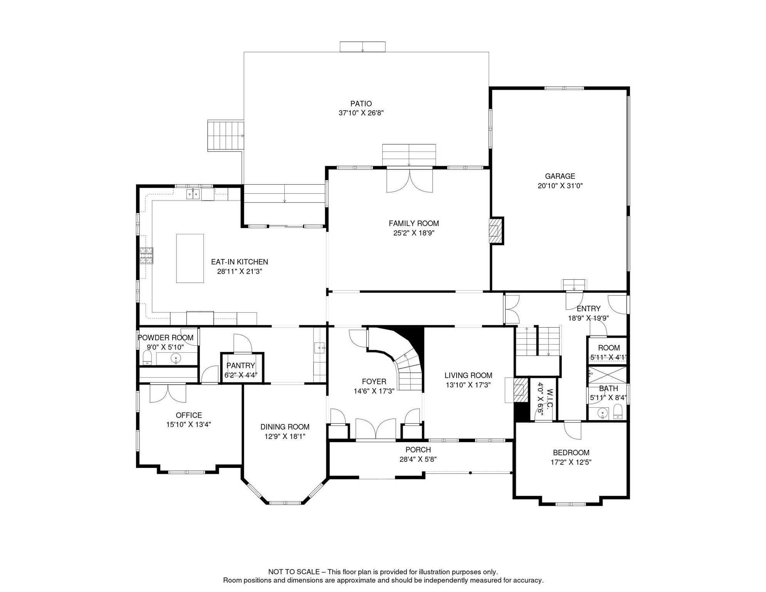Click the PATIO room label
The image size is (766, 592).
[x=361, y=104]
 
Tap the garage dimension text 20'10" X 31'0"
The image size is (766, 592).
[x=560, y=186]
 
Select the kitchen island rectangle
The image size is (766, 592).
[x=190, y=258]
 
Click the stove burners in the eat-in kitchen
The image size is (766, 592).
[x=146, y=256]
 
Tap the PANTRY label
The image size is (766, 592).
[x=240, y=365]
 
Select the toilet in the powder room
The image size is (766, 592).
[x=147, y=358]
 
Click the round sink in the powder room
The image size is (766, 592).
[x=176, y=358]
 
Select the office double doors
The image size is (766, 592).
[x=168, y=394]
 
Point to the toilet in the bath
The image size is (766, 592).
[x=618, y=412]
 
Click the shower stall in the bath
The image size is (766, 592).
[x=608, y=375]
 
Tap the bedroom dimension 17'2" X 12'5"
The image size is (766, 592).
[x=571, y=462]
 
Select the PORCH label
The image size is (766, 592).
[x=418, y=450]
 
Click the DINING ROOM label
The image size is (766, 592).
[x=285, y=427]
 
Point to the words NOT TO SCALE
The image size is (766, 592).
[x=294, y=572]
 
